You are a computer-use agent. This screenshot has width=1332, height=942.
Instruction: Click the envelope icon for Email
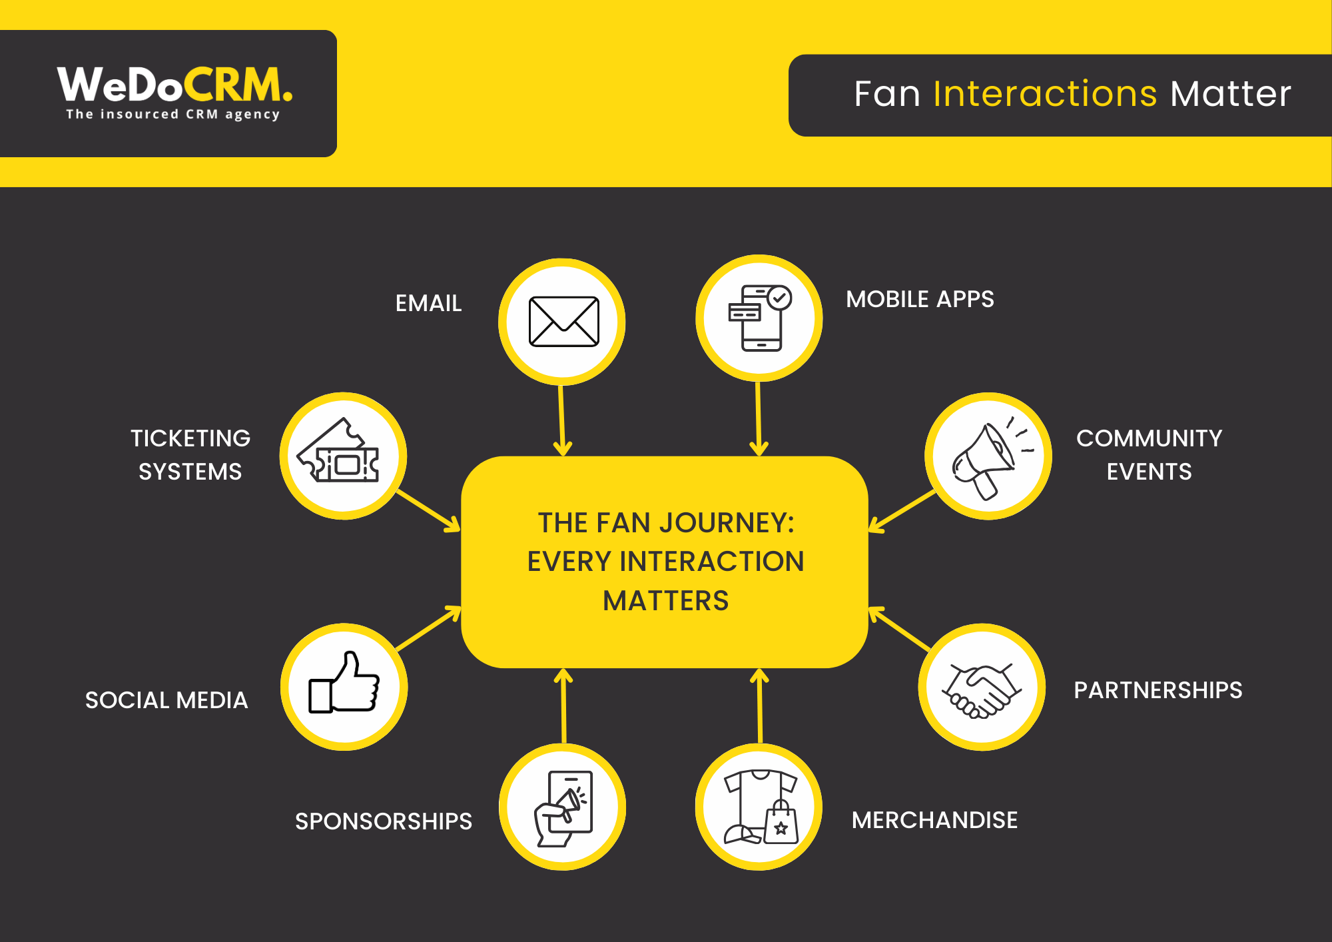point(563,322)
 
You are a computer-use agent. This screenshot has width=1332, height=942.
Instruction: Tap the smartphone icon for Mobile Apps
point(759,318)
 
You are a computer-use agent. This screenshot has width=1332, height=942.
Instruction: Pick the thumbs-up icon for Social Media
point(344,686)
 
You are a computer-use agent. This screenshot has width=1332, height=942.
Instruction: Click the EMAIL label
point(428,304)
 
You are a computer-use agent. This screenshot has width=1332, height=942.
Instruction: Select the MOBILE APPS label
point(920,300)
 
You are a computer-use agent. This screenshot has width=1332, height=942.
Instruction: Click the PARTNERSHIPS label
point(1158,690)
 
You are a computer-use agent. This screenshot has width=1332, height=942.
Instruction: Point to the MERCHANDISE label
point(934,820)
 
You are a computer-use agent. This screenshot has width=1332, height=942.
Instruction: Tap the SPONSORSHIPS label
point(384,821)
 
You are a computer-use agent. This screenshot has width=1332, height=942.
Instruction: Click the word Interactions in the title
point(1045,93)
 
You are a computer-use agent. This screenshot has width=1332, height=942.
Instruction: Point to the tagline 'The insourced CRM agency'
point(172,115)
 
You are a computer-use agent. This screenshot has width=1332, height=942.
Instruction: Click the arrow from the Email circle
point(562,420)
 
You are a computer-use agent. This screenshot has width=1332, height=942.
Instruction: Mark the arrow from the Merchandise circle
point(760,706)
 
